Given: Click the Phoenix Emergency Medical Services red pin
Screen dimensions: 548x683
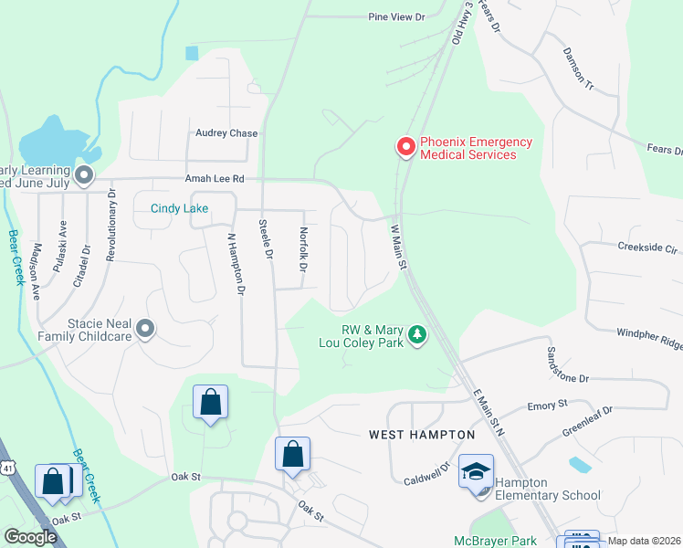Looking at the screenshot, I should coord(405,147).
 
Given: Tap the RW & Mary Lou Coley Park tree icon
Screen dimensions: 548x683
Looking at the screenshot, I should coord(417,335).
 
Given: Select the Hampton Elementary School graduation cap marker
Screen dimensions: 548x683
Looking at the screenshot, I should coord(475,472).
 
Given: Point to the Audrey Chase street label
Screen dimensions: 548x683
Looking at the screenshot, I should coord(226,133).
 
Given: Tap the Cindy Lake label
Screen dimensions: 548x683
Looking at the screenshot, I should coord(179,208).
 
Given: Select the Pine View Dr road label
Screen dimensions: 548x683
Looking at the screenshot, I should coord(397,17).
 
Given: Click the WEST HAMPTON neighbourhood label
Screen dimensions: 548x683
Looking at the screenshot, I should coord(422,435).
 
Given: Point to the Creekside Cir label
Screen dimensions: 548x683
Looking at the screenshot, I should coord(647,248).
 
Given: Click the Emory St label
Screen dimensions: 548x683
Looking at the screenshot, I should coord(548,404).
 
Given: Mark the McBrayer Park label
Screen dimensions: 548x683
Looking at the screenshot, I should coord(496,541).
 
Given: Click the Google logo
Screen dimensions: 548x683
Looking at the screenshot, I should coord(30,537).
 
